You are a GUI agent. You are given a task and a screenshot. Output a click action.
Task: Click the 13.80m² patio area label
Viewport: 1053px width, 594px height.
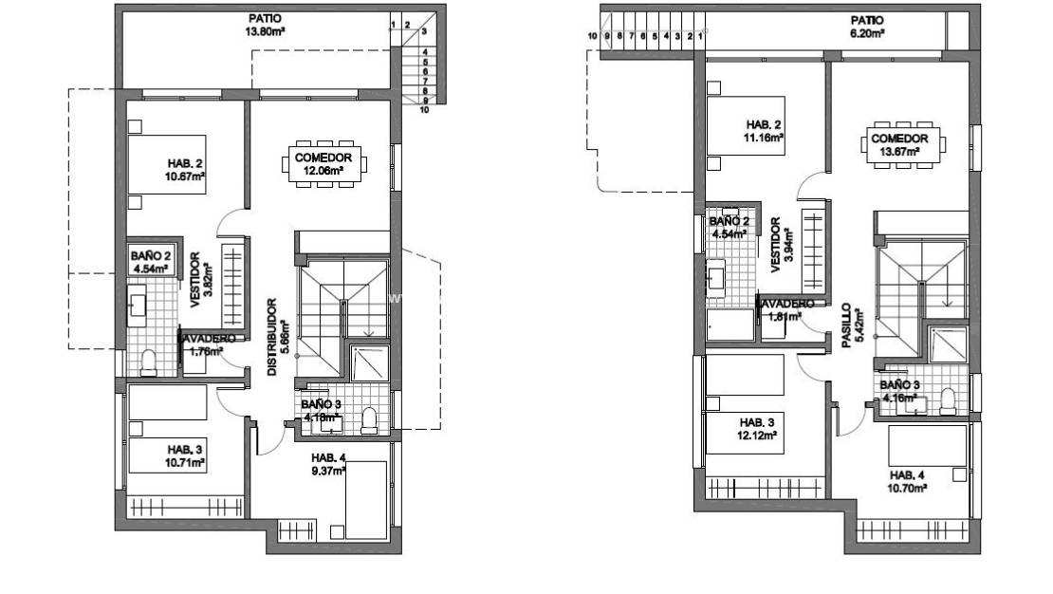pos(265,25)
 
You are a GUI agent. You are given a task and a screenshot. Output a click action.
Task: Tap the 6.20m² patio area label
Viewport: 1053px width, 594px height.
pos(866,26)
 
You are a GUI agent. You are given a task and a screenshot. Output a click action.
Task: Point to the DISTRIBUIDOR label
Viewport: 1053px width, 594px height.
pos(271,338)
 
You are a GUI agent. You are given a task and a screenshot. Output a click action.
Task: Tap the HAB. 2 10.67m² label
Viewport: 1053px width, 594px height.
pos(185,167)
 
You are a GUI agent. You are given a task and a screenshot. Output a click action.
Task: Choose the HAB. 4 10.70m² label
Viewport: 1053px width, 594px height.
pos(908,480)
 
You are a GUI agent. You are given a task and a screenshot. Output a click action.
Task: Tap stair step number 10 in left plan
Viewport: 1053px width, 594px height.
pos(424,110)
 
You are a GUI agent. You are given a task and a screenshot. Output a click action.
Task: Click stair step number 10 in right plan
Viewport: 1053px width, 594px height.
pos(593,36)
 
